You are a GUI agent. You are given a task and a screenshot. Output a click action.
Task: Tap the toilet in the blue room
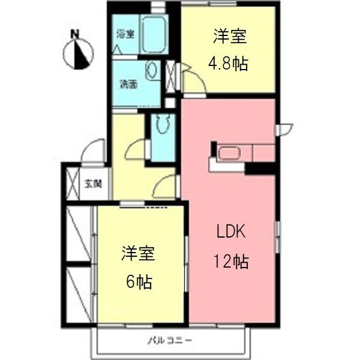pos(161,125)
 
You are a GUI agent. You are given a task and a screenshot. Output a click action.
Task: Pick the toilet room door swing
pos(138,150)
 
